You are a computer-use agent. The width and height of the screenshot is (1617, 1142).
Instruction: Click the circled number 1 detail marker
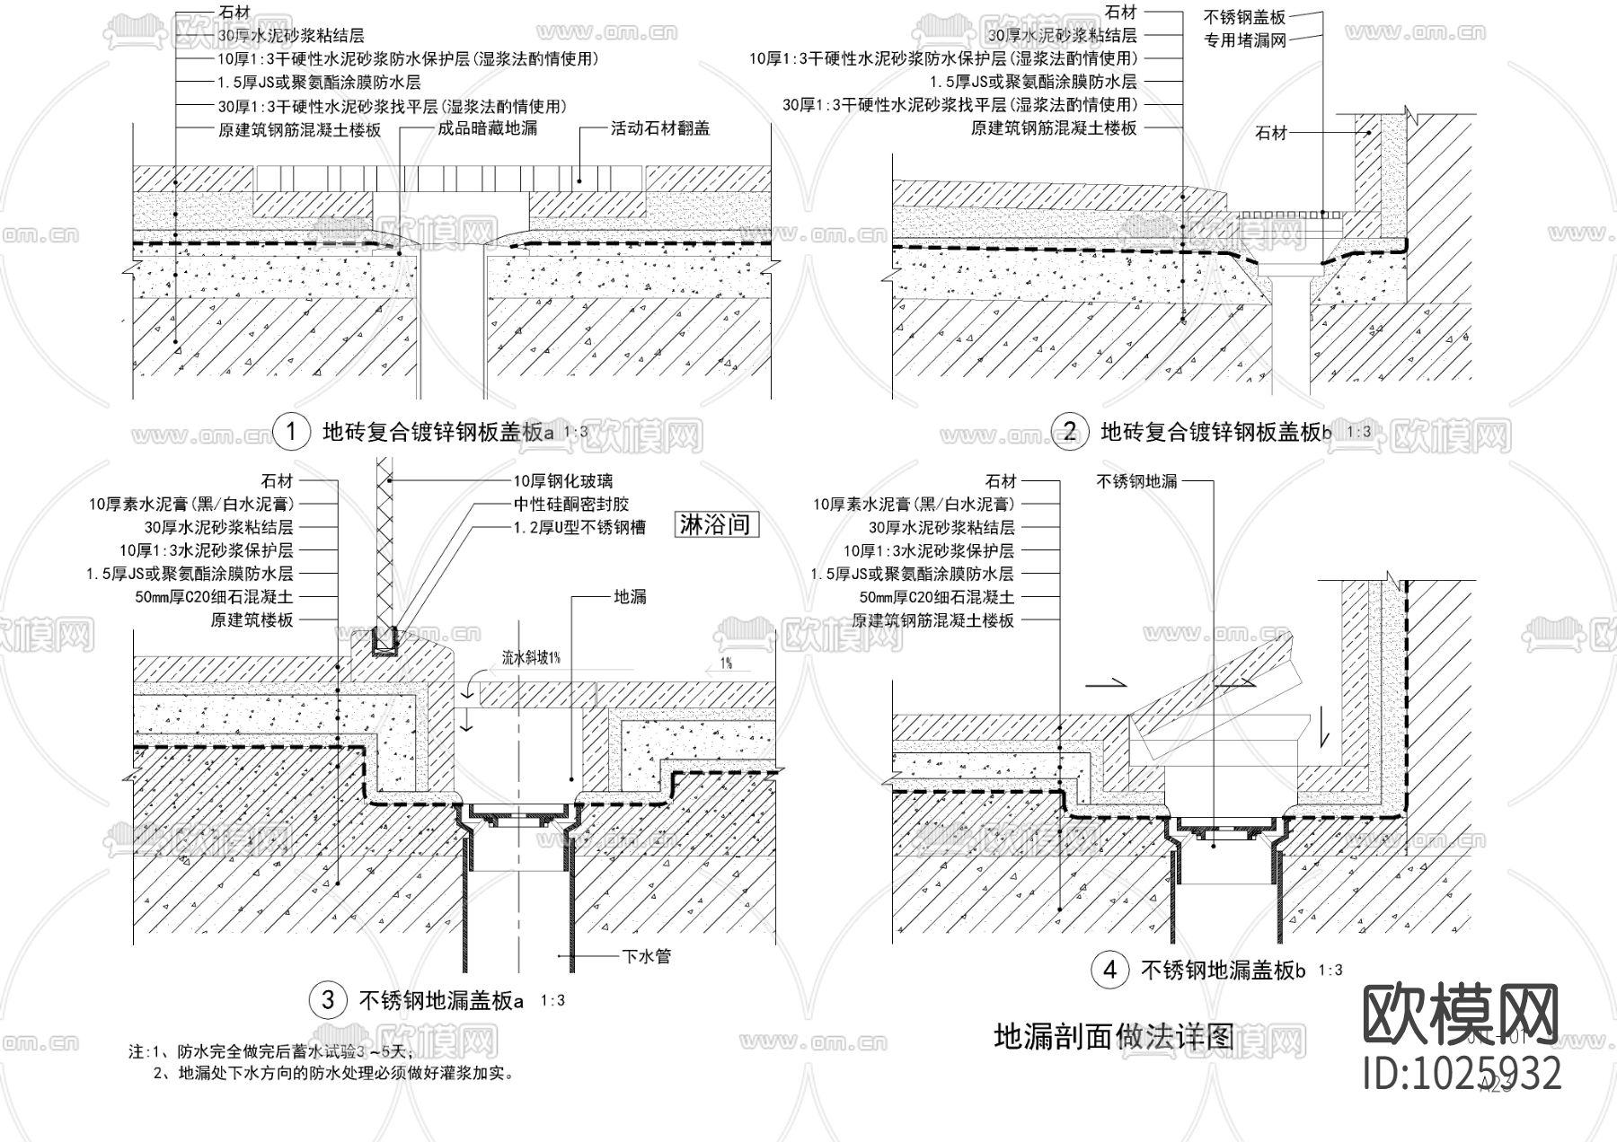click(291, 433)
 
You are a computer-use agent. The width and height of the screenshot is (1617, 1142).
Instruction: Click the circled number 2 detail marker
click(1069, 433)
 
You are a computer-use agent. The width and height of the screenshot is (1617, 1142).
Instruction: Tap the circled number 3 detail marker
click(328, 1000)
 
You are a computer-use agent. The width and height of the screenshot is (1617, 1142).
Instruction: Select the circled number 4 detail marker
click(1110, 970)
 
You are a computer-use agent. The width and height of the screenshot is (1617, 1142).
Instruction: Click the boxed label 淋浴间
click(715, 524)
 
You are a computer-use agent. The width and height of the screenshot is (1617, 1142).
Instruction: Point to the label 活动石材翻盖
click(660, 128)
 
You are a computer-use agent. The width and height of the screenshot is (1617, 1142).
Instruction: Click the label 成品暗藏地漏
click(487, 128)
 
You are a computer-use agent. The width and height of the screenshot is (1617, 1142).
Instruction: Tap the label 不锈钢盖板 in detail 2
click(1244, 17)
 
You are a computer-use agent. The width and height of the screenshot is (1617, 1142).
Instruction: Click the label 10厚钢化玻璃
click(563, 482)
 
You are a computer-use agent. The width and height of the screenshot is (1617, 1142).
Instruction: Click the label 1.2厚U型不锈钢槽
click(579, 528)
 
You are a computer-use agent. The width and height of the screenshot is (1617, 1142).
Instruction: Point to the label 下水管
click(647, 957)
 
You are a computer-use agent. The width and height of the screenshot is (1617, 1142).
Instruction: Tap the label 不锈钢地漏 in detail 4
click(1136, 482)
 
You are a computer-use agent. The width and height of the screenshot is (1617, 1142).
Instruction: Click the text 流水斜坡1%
click(532, 658)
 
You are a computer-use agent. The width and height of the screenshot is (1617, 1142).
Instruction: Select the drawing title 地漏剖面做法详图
click(1113, 1036)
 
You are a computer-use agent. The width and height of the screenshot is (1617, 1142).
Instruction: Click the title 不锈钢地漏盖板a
click(441, 1000)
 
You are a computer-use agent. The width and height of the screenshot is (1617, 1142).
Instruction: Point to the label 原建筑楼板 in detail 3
click(252, 620)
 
